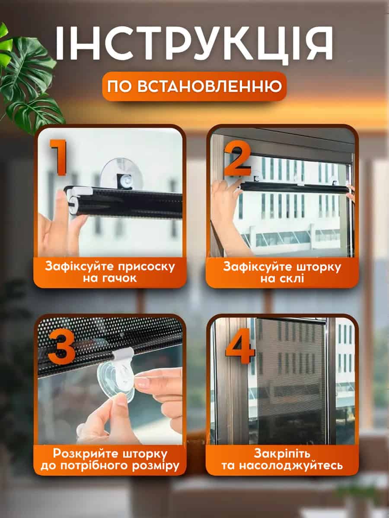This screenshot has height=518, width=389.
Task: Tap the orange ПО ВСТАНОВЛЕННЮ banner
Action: click(194, 86)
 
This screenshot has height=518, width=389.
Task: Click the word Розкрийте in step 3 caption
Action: click(87, 453)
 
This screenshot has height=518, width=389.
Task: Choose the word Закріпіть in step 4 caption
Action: click(282, 454)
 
